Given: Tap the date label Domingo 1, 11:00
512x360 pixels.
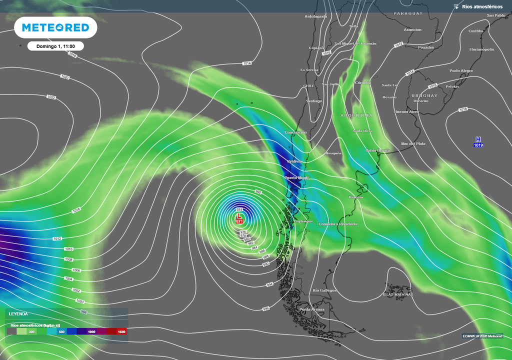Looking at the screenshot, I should click(x=55, y=46).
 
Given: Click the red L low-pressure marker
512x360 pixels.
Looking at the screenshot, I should click(x=239, y=215).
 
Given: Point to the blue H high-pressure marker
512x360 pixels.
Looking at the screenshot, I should click(x=478, y=139).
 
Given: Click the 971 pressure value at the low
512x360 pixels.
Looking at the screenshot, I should click(x=239, y=221).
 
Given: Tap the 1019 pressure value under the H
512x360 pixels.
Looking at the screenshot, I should click(x=478, y=145).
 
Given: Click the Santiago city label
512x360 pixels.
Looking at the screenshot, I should click(x=313, y=101).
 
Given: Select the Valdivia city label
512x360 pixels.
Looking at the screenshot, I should click(x=294, y=161).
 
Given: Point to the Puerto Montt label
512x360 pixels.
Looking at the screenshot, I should click(x=296, y=177).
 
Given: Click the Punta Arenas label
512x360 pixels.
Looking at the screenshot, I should click(x=311, y=309).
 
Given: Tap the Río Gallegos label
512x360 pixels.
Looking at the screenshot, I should click(x=324, y=290).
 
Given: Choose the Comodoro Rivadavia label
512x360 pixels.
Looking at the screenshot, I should click(x=338, y=224).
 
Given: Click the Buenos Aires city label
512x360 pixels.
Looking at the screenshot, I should click(x=406, y=111).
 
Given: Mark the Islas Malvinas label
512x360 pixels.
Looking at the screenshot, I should click(x=397, y=294).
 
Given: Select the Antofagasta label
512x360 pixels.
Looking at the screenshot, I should click(x=316, y=16).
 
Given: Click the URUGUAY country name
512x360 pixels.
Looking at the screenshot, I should click(x=424, y=95).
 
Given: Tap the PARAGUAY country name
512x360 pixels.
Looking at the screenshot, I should click(x=408, y=13).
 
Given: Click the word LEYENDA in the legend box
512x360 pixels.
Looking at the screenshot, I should click(x=18, y=314).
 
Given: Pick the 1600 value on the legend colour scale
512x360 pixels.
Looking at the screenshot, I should click(x=121, y=331).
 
